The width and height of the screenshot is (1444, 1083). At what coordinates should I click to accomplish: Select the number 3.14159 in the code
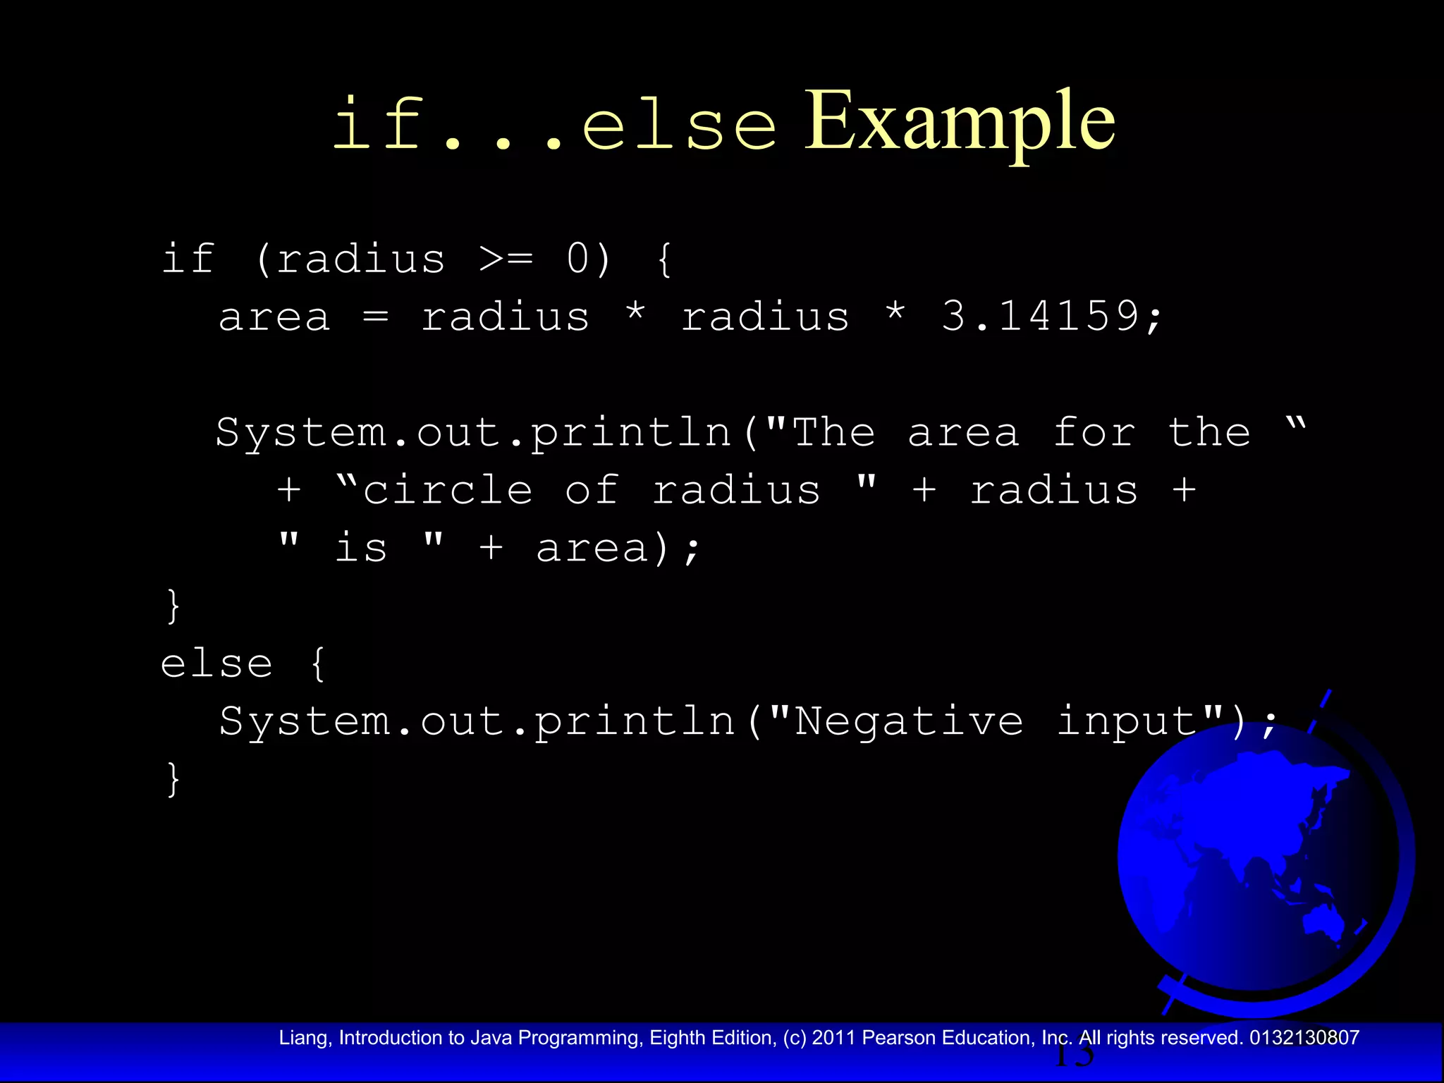1041,316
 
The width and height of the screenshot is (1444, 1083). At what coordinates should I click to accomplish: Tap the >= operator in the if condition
506,259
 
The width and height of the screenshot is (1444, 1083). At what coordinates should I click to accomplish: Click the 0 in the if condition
578,259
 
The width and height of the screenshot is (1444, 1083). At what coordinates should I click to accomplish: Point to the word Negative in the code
909,721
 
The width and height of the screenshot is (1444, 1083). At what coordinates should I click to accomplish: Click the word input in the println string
1127,721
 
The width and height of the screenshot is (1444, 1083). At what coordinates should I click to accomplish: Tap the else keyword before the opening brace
216,663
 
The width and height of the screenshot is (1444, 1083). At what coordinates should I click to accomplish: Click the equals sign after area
376,317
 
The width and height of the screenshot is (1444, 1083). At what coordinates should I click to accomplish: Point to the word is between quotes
361,548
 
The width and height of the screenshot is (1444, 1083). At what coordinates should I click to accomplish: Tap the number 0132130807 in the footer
1304,1038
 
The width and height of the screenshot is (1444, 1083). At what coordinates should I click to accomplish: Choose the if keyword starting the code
188,259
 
